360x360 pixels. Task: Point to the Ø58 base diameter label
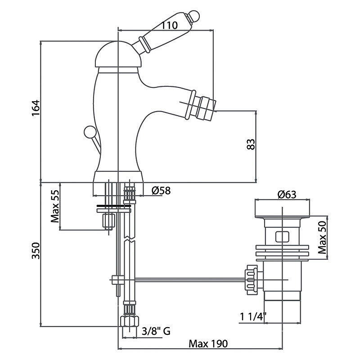[161, 191]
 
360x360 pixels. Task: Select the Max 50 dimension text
[321, 238]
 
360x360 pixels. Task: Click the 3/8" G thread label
[156, 332]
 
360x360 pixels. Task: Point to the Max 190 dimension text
[208, 344]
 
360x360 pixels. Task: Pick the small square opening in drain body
[281, 236]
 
